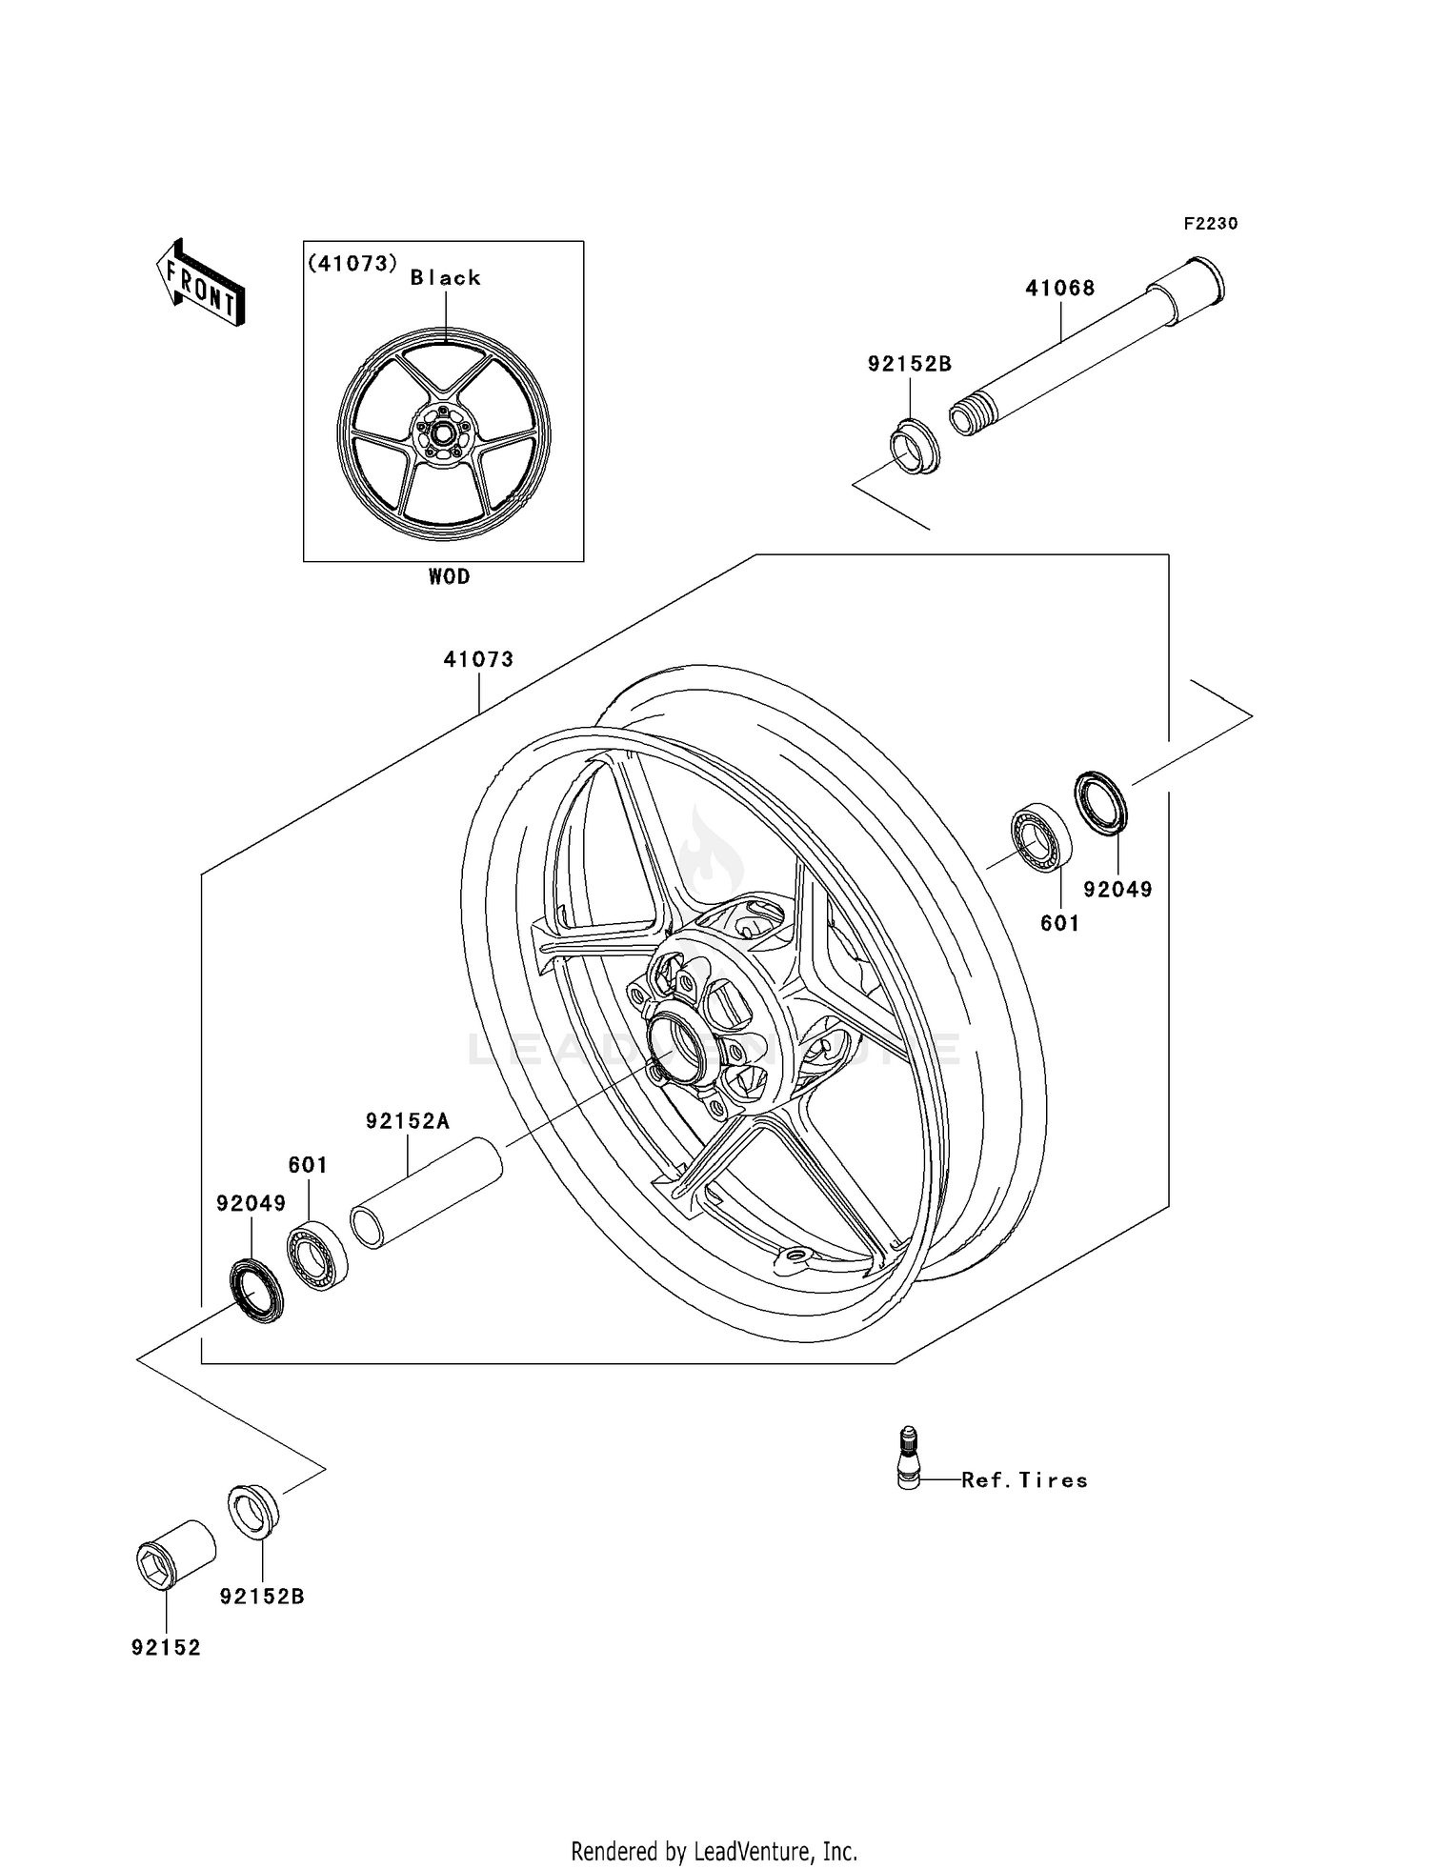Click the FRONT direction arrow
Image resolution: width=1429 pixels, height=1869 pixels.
(201, 283)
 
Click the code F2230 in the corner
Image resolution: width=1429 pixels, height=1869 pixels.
(1210, 224)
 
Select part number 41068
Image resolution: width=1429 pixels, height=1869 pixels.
(1059, 288)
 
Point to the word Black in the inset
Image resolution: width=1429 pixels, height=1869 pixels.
(445, 278)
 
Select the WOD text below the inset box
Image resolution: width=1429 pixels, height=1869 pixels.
(449, 577)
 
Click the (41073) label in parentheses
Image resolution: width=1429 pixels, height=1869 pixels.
(352, 264)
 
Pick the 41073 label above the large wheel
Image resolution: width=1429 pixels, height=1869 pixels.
(478, 659)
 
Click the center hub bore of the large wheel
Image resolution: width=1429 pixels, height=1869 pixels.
(677, 1046)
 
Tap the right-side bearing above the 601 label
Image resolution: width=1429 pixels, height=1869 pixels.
(1040, 837)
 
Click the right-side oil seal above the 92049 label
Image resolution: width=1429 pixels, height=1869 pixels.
(1101, 804)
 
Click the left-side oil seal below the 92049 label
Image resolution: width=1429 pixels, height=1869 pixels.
(257, 1290)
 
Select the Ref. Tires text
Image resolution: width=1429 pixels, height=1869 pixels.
(1024, 1480)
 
